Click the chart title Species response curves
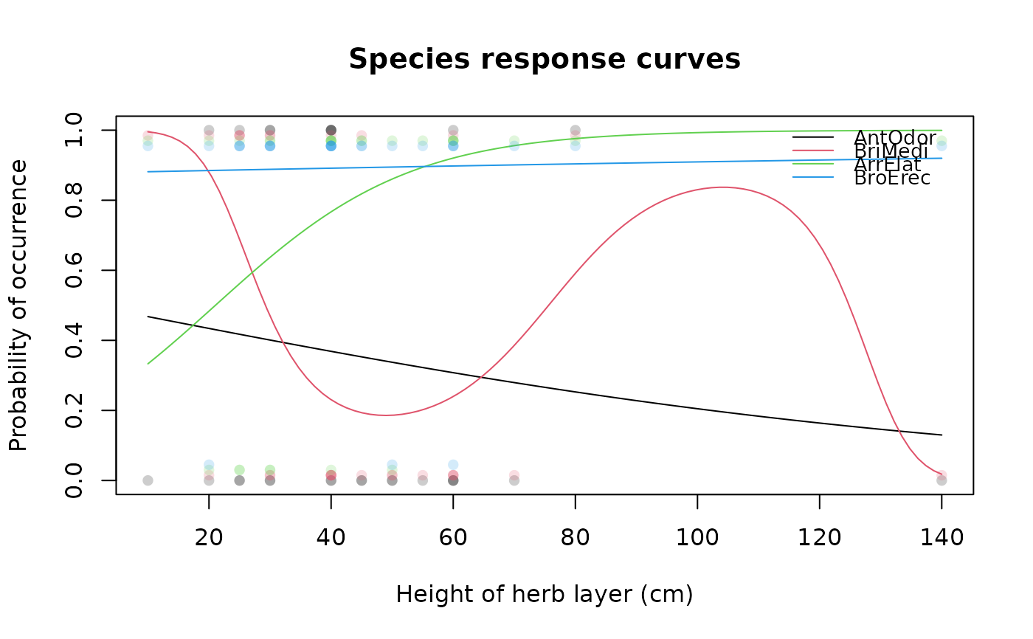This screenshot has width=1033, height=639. [x=545, y=60]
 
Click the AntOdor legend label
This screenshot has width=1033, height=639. [x=895, y=137]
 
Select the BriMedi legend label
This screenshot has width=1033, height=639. [x=891, y=151]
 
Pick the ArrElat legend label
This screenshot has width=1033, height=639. [x=888, y=165]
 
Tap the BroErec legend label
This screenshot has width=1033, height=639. [x=892, y=178]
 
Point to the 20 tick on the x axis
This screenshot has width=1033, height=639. [x=209, y=537]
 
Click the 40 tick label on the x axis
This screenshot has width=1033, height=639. [x=331, y=537]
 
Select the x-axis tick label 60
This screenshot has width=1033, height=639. [x=453, y=537]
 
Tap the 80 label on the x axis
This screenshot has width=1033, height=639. [x=576, y=537]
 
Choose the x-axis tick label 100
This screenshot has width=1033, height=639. [x=697, y=537]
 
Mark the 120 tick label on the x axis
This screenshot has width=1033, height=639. [x=820, y=537]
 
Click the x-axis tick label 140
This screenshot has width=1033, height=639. [x=942, y=537]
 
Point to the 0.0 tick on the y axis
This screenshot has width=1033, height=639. [x=75, y=480]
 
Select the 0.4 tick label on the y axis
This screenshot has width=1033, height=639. [x=75, y=340]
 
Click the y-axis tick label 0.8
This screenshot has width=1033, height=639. [x=75, y=201]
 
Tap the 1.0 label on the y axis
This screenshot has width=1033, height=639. [x=75, y=131]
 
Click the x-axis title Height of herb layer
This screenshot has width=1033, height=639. [x=545, y=595]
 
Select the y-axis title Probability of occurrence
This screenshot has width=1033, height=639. [x=19, y=305]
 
